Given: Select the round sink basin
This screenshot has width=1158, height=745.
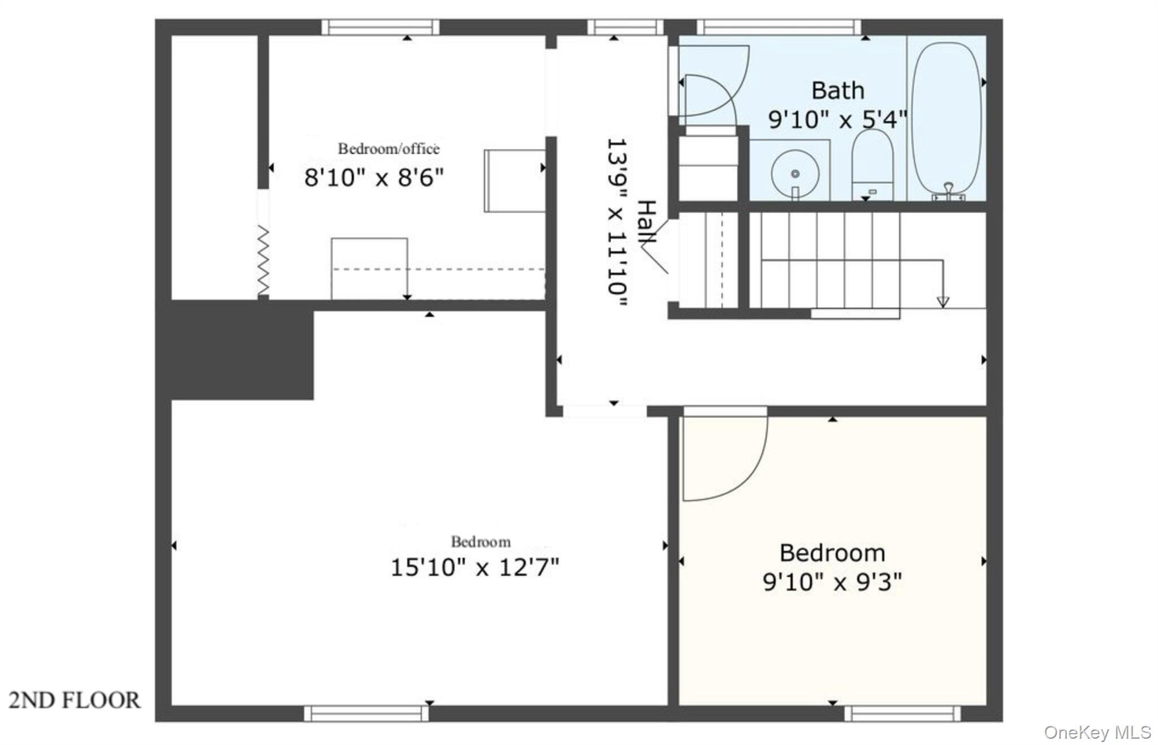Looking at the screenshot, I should pos(795,173).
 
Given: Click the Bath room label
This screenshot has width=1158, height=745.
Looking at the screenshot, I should pos(837,91).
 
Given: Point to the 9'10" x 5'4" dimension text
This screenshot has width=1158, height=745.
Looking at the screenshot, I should pos(837,119).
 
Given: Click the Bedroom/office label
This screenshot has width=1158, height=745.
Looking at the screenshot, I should pos(388,149).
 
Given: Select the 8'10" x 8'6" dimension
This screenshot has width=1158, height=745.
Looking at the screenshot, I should pos(374,178).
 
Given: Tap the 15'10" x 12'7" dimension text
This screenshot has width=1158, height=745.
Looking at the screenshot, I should pos(474,567).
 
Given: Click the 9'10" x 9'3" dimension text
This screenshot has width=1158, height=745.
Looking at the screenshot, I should pos(832,582).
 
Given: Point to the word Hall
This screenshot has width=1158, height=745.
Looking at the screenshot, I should pos(647,222).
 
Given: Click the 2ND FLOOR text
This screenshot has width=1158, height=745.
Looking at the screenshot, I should pos(75,700).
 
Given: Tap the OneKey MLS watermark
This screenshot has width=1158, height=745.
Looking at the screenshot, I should pos(1097,732).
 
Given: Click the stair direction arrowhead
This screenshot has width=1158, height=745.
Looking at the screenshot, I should pos(943,302).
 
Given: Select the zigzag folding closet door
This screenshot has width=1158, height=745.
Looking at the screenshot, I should pos(263,260).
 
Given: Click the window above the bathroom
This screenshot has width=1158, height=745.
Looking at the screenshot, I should pos(778,27).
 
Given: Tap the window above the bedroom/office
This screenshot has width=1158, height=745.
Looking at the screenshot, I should pos(380,27).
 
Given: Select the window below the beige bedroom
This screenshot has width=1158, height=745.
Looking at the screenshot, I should pos(902,713).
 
